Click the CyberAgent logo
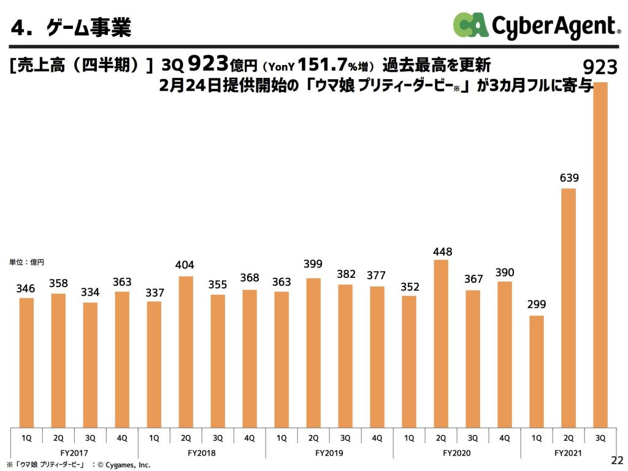point(534,26)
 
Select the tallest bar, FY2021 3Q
point(600,255)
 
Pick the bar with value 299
point(537,372)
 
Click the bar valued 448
point(441,343)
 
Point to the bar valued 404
point(186,352)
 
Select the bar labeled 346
point(26,362)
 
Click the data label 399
point(313,264)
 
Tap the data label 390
point(505,272)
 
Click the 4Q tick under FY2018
point(250,437)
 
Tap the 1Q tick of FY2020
point(409,437)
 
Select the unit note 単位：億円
point(26,262)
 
